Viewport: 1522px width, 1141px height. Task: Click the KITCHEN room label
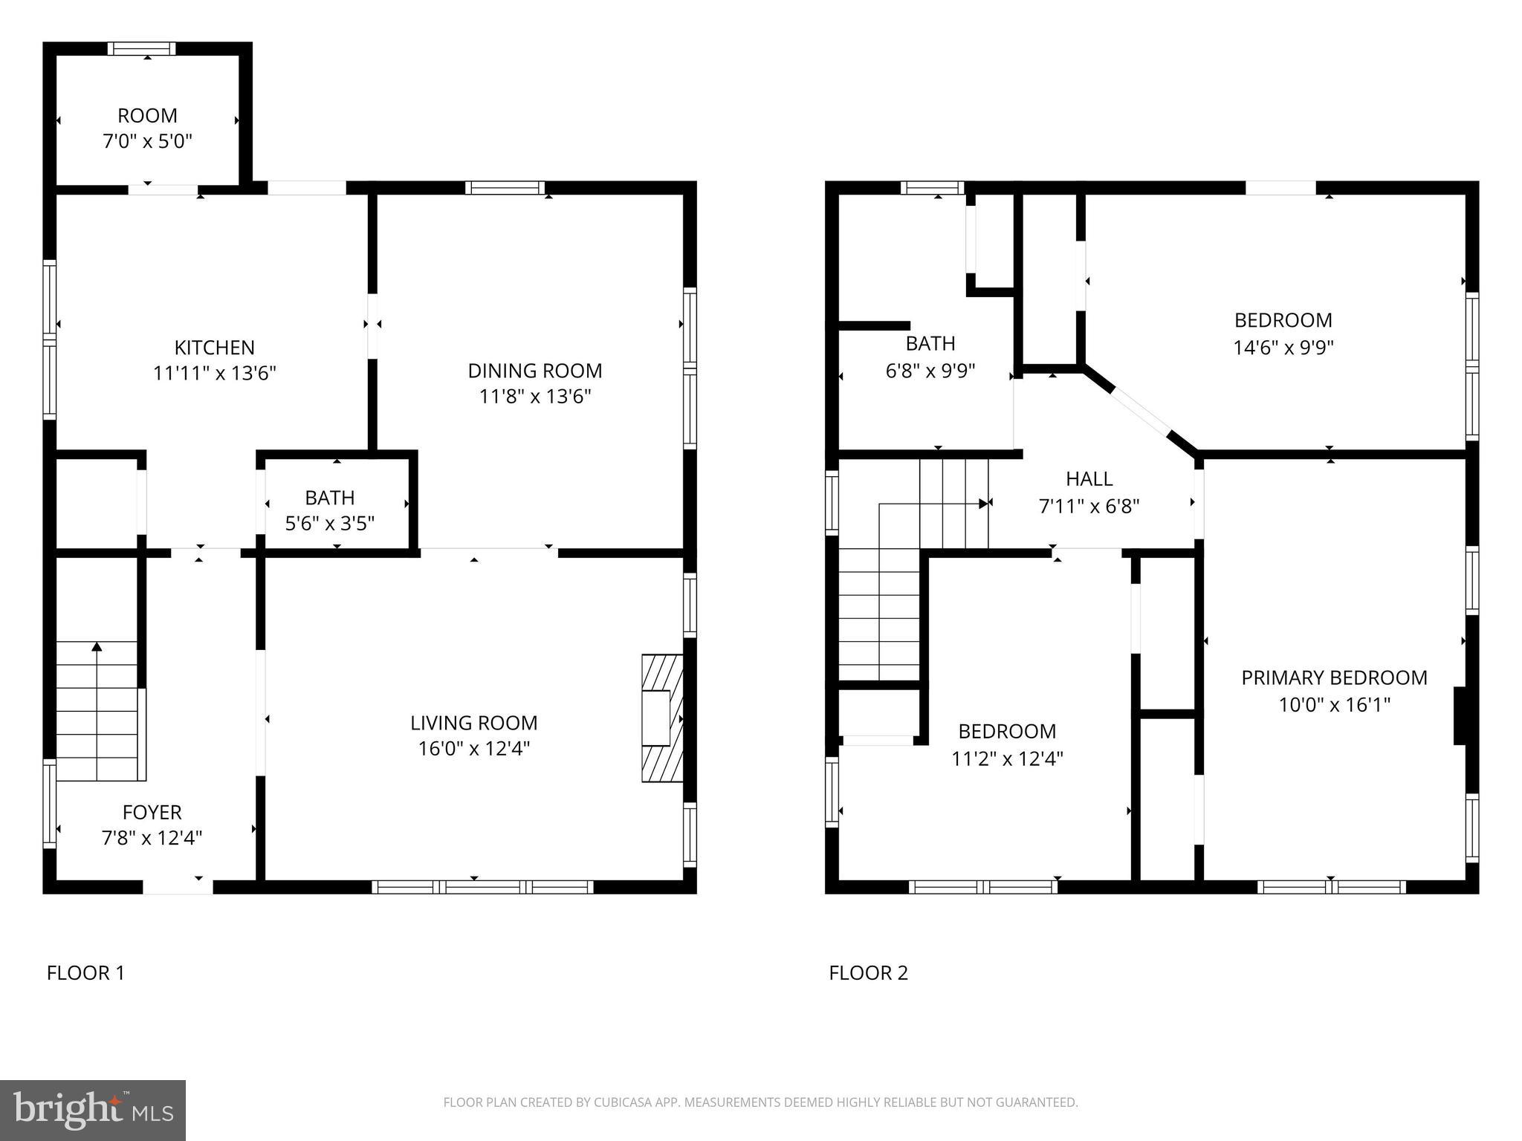click(214, 348)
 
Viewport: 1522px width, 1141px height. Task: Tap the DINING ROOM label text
click(534, 371)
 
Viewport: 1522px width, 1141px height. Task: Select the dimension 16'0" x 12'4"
click(473, 748)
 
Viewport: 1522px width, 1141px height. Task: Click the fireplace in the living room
click(662, 718)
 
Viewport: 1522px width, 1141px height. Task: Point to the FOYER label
click(152, 812)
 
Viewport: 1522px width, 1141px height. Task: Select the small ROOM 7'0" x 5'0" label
click(147, 116)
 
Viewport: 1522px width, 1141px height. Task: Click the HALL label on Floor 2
click(1089, 479)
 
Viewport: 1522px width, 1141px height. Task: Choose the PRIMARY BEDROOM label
click(1334, 677)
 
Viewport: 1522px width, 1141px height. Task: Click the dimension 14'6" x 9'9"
click(1283, 347)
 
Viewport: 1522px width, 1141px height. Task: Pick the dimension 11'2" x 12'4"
click(1007, 758)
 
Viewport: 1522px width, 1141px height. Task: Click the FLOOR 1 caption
click(85, 972)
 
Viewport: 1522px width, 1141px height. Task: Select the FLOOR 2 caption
click(868, 972)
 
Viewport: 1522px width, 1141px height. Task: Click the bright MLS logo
click(93, 1110)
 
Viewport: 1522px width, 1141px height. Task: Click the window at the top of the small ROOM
click(142, 49)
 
